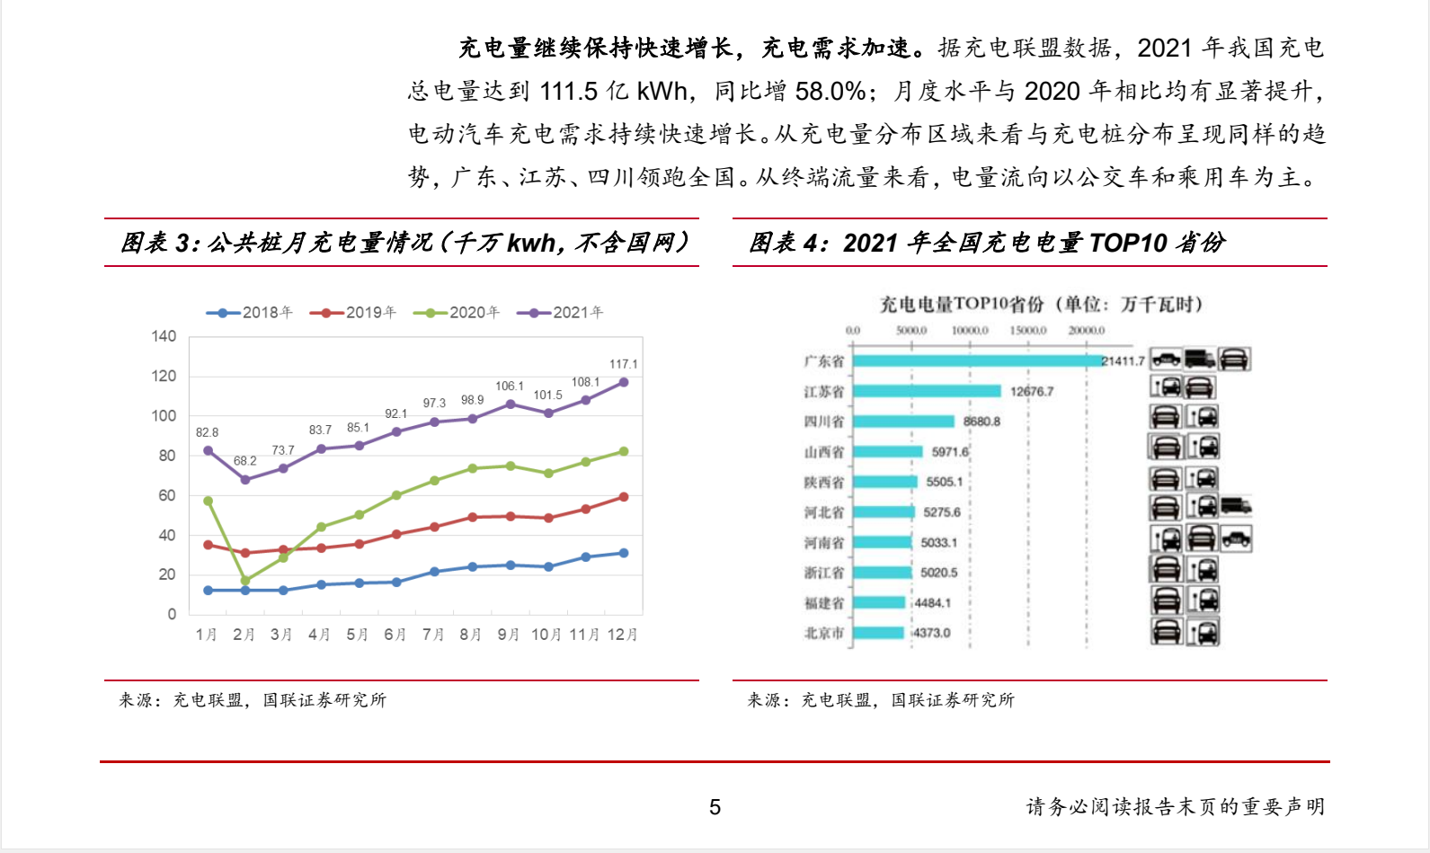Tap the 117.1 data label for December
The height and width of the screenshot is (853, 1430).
[623, 364]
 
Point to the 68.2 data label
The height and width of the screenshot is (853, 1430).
[244, 461]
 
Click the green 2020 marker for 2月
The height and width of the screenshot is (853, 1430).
[245, 581]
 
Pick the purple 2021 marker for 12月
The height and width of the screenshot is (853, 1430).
[624, 382]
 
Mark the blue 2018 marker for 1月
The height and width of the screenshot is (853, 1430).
[209, 591]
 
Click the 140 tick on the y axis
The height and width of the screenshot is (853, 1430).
[164, 336]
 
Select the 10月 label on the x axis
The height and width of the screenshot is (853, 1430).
[546, 635]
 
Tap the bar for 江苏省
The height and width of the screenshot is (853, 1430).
[927, 391]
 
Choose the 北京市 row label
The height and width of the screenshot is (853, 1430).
[823, 633]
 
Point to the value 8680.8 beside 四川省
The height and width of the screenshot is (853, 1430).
[981, 422]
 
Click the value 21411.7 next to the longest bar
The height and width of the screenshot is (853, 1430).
[1124, 361]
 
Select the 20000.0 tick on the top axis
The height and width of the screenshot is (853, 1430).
[1086, 331]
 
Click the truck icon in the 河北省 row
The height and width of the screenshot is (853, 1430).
[1237, 506]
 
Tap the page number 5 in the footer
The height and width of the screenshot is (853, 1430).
[715, 807]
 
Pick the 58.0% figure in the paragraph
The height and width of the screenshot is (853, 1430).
[830, 92]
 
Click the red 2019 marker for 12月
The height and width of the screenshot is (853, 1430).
[624, 497]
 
